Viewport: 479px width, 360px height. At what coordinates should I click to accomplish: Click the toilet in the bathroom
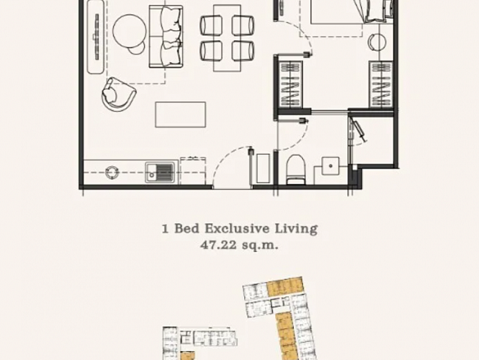(295, 170)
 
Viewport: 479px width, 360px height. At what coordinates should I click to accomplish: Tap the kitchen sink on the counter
(159, 172)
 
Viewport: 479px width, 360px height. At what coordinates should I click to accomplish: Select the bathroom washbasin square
(330, 166)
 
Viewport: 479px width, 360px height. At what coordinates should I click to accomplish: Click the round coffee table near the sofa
(129, 32)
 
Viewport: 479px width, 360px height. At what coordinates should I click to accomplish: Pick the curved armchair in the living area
(118, 95)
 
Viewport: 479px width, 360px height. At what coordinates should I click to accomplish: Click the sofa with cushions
(166, 36)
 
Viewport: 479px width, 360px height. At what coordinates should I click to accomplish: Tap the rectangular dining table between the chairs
(227, 38)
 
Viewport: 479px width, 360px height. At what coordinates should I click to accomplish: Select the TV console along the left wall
(96, 37)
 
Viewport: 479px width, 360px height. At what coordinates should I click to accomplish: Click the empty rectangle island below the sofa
(181, 115)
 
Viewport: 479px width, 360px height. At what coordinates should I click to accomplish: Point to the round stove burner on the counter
(112, 172)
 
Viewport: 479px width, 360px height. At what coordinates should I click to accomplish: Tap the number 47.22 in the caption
(218, 245)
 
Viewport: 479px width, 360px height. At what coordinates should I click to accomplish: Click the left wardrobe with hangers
(291, 85)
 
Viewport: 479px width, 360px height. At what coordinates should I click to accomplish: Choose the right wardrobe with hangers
(381, 85)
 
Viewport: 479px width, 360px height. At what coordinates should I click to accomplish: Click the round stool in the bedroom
(377, 42)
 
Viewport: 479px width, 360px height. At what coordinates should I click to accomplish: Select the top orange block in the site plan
(285, 287)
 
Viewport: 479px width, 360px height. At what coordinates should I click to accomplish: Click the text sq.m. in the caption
(260, 245)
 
